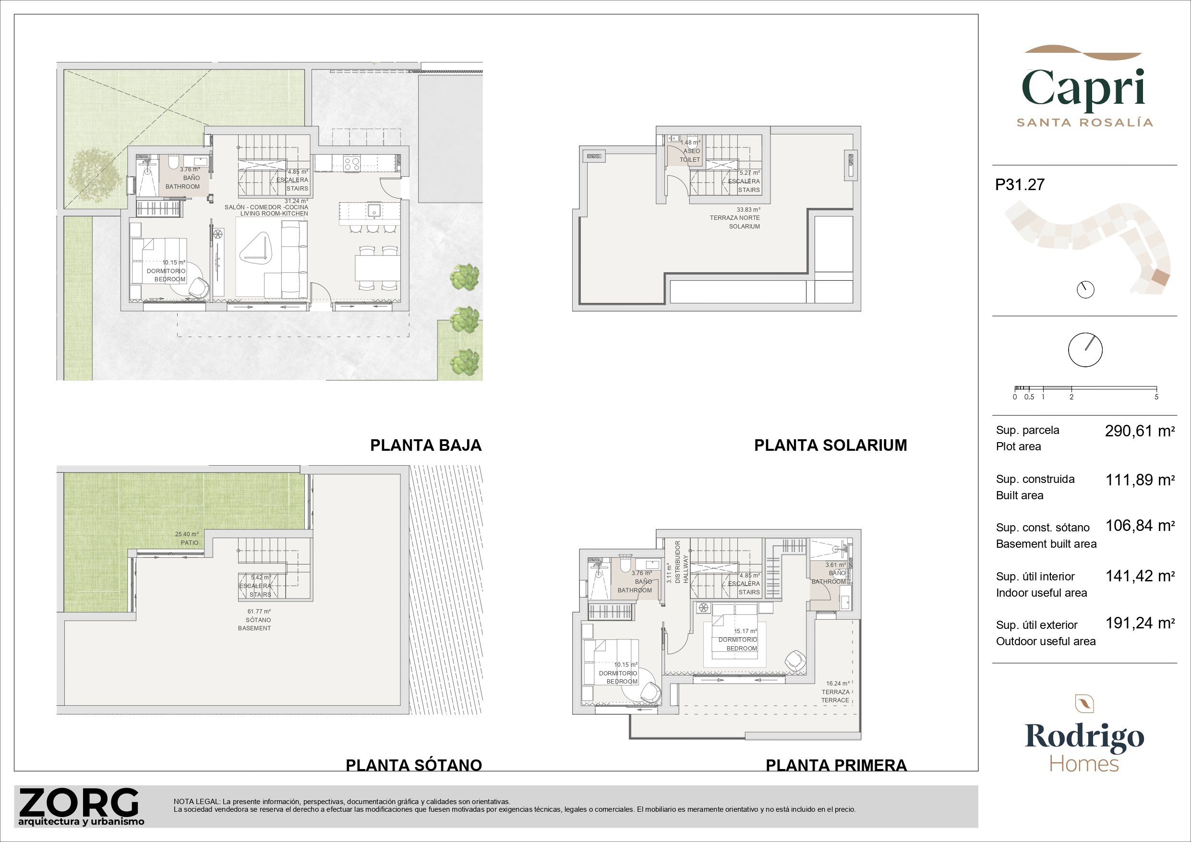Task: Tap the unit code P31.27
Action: point(1020,185)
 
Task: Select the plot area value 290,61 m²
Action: point(1140,431)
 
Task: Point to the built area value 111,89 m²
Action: point(1140,480)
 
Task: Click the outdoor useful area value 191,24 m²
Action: point(1140,623)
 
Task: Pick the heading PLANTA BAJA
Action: point(426,445)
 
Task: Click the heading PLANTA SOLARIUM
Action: point(830,445)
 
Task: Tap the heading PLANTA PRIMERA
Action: point(836,765)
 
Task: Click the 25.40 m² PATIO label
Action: point(187,538)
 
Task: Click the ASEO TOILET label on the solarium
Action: point(690,151)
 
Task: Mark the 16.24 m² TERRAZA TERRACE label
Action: point(835,692)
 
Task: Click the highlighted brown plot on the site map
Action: point(1160,277)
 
